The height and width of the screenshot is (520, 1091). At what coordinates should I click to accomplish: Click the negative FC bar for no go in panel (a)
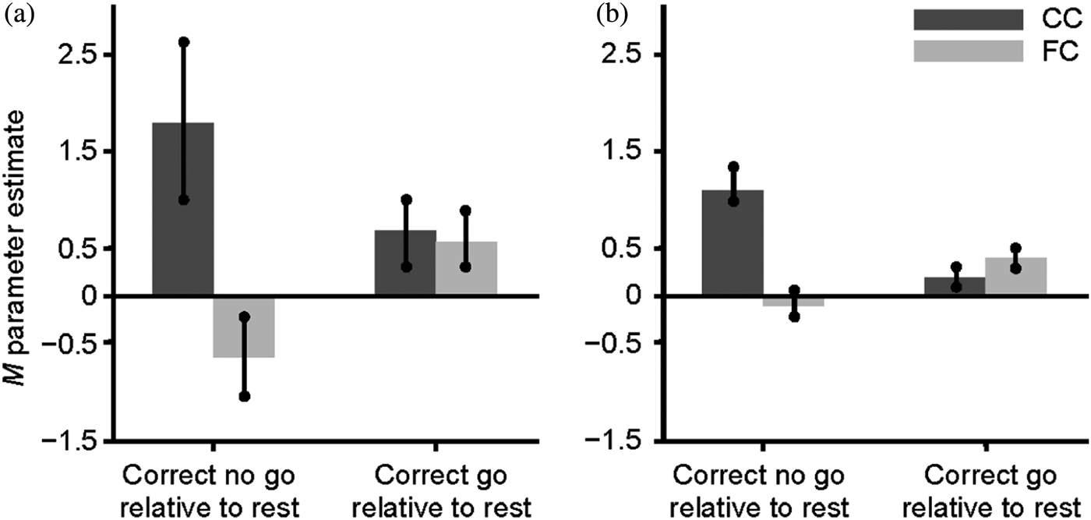coord(244,327)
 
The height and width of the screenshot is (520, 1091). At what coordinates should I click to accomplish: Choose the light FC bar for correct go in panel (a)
coord(466,269)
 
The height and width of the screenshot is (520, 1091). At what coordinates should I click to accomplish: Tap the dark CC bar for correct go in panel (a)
coord(406,264)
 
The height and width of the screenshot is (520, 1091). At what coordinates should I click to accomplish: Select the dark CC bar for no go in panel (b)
coord(733,242)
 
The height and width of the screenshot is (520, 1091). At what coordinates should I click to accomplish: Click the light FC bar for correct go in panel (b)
coord(1016,277)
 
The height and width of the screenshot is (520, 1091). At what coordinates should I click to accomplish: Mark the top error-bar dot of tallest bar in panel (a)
coord(184,41)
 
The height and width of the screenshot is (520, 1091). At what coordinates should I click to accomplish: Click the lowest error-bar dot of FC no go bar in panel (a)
coord(244,397)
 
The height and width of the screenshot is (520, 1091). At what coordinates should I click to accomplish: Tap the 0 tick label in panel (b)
coord(635,296)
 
